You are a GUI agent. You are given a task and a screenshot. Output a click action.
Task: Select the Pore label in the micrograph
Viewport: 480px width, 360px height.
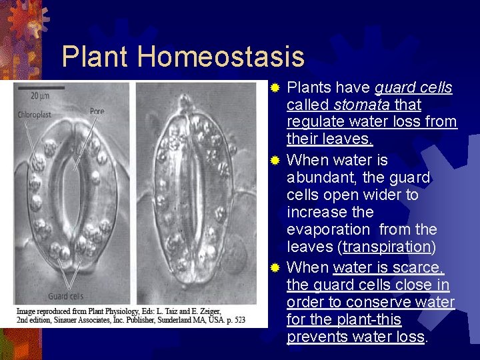click(x=97, y=111)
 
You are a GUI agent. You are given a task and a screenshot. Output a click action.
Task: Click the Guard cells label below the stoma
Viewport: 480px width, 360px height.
click(x=65, y=297)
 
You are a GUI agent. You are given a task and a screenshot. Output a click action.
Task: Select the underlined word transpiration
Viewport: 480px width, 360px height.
click(x=387, y=247)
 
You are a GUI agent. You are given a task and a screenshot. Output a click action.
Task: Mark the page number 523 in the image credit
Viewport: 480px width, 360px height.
click(x=238, y=320)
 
